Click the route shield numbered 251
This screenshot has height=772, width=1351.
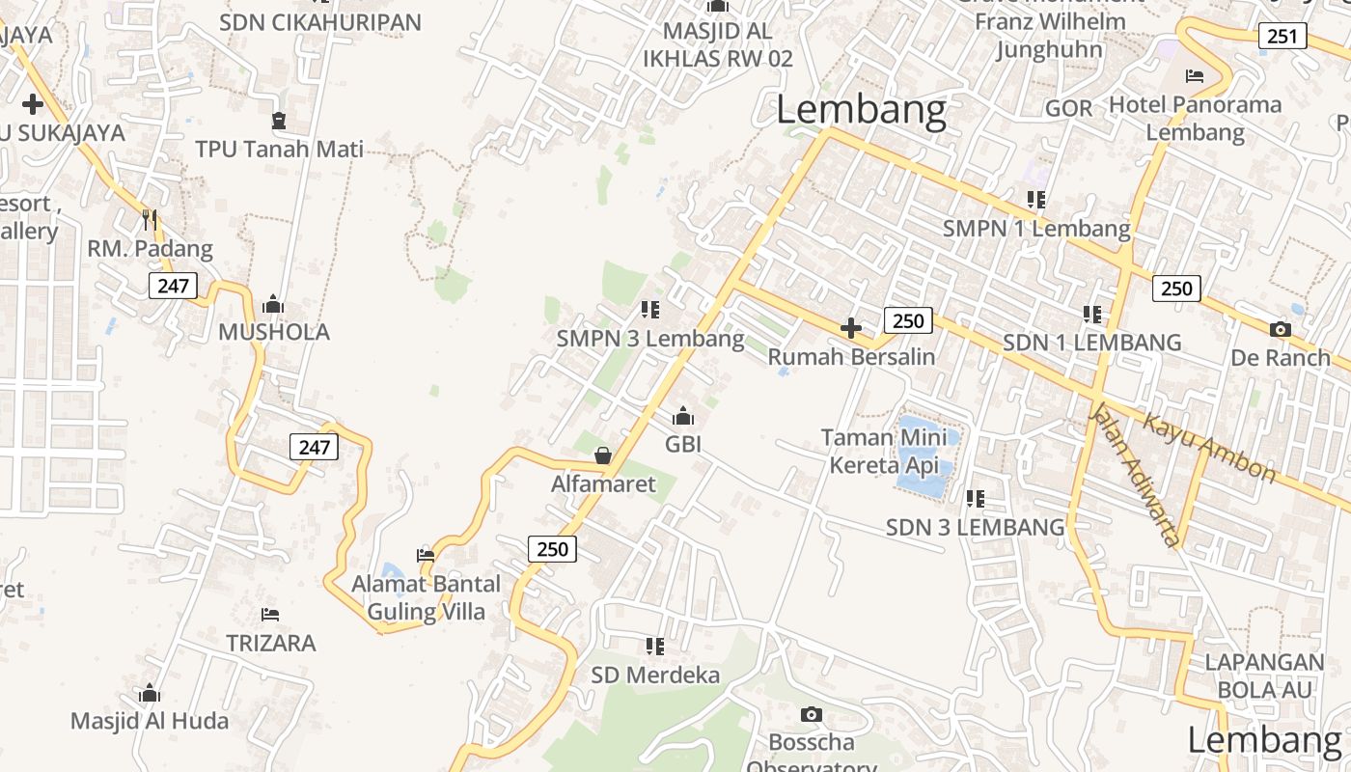[x=1282, y=37]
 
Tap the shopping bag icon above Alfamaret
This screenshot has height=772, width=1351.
[x=603, y=455]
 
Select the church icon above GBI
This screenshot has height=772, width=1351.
[x=683, y=416]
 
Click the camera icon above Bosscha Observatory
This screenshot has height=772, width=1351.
[x=812, y=715]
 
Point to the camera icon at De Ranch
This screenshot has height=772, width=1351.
[x=1281, y=330]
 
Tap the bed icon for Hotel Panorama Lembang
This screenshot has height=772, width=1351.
[x=1195, y=75]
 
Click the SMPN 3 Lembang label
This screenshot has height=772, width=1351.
[x=650, y=340]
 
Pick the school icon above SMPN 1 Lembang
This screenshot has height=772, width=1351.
[x=1036, y=200]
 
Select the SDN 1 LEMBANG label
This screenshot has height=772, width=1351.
[x=1091, y=343]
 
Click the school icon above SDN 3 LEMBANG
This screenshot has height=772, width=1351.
[x=976, y=499]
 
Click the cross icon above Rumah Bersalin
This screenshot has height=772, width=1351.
[x=851, y=328]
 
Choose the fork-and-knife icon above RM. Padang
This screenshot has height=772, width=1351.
[x=150, y=220]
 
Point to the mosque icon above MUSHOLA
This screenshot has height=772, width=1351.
[x=273, y=304]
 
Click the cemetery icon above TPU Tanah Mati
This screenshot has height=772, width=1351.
[x=279, y=121]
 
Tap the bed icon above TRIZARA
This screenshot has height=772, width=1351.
[x=270, y=615]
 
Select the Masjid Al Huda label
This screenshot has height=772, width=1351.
[x=150, y=721]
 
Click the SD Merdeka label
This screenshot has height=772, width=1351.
[x=655, y=675]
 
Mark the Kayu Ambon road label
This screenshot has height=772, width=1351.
[x=1209, y=448]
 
